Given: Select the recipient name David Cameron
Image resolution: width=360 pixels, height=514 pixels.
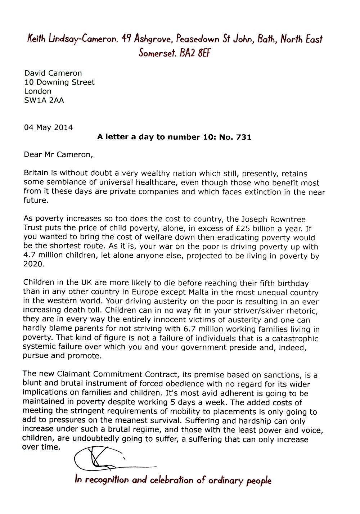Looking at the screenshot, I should pos(53,73).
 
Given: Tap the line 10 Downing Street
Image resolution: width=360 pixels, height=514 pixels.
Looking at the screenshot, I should pos(59,82).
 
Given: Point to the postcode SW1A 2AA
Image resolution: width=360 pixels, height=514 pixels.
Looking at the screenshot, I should pos(44,100).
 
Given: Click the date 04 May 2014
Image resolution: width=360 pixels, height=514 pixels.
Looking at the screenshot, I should pos(48,127).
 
